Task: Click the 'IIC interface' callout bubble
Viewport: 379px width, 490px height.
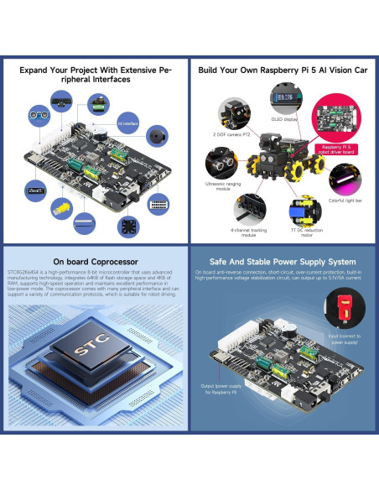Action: (127, 122)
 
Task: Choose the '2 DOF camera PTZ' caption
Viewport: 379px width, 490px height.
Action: (230, 133)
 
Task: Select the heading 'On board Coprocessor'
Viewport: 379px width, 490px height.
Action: (94, 261)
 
